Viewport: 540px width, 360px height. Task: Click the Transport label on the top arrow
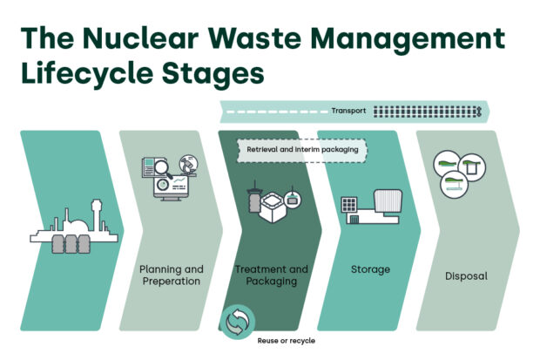348,111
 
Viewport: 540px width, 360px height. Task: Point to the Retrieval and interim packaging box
302,149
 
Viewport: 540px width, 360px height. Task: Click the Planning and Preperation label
172,275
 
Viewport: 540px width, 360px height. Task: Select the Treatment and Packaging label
272,275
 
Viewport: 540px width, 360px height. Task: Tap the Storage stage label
370,269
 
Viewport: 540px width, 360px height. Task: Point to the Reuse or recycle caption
286,340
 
